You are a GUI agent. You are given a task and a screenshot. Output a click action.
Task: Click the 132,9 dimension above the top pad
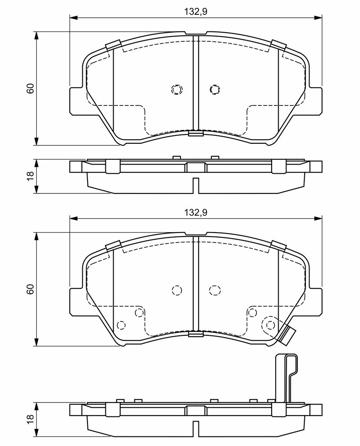pos(196,12)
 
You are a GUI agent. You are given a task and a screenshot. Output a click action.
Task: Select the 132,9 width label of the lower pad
pos(196,213)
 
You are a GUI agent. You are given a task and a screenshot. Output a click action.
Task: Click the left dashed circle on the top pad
pos(177,90)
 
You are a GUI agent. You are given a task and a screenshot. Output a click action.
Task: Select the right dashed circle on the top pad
pos(215,90)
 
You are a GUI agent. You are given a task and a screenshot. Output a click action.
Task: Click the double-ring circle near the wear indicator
pos(270,324)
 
